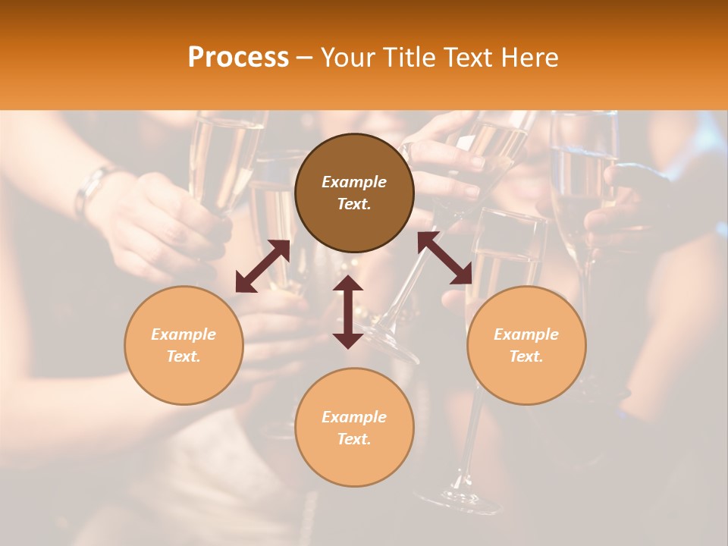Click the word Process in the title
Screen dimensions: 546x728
(238, 58)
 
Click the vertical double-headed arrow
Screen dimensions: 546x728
(348, 312)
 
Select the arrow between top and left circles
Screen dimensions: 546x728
(262, 266)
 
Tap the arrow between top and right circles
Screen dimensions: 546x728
(444, 258)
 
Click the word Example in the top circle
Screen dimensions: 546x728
(354, 182)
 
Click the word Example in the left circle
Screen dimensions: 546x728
(184, 334)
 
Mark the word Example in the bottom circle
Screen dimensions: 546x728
(354, 417)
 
